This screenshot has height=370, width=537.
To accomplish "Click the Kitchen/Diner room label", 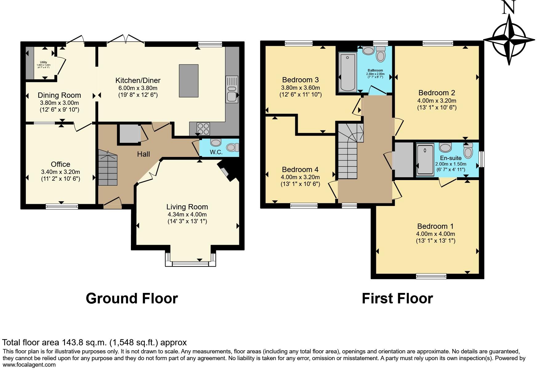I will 138,80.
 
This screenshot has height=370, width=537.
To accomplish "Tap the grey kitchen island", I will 188,81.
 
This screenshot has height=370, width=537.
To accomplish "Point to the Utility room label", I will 43,62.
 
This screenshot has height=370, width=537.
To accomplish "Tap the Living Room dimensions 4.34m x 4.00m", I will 187,214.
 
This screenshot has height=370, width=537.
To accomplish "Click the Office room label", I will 60,164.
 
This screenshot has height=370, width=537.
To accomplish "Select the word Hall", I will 143,154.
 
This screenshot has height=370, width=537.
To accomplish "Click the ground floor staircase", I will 108,168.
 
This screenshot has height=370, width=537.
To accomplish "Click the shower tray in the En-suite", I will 425,160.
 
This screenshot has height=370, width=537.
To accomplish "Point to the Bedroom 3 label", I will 300,80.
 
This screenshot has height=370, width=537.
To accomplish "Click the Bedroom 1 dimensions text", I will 435,234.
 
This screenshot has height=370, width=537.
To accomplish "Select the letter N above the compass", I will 509,7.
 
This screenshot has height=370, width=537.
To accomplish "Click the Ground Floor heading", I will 131,298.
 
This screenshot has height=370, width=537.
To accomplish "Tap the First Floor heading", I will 397,298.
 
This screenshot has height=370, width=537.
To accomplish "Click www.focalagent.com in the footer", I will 29,365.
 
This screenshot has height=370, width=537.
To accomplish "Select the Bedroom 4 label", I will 300,170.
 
